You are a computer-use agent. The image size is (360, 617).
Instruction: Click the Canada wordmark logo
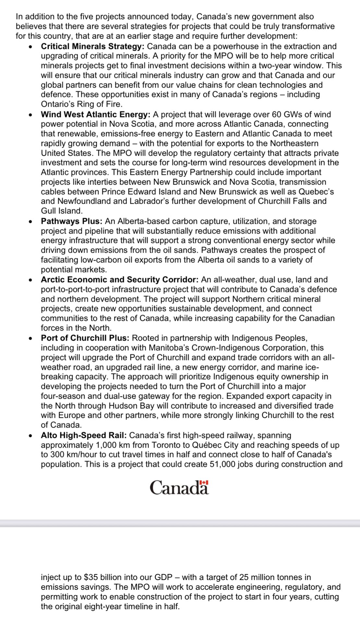pos(179,488)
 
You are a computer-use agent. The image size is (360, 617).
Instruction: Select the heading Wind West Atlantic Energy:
pos(95,115)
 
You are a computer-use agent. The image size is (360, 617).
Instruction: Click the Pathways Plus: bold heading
pos(72,221)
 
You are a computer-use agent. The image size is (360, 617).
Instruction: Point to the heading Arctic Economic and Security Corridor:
pos(120,280)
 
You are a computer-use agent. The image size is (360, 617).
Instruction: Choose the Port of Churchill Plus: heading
pos(85,338)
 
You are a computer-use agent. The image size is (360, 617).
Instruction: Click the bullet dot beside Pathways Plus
pos(30,222)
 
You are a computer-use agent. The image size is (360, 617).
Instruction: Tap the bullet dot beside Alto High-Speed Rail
pos(30,436)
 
